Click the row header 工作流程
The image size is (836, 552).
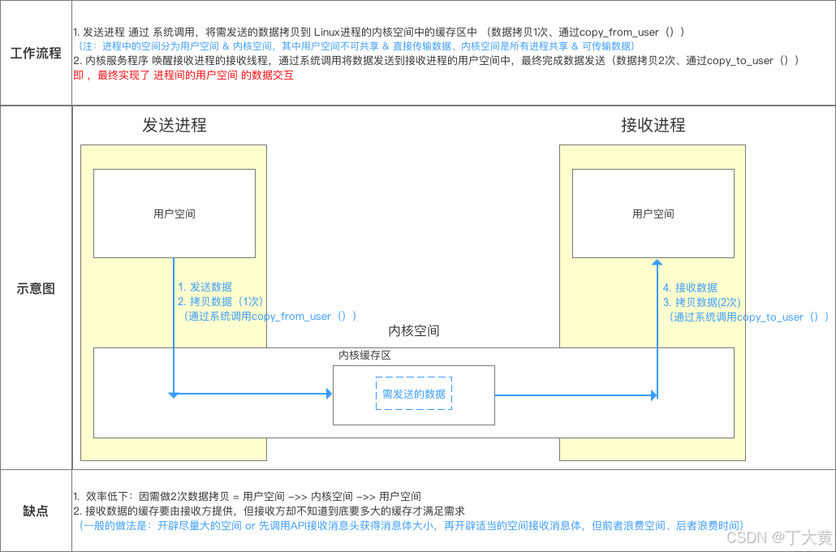pos(36,54)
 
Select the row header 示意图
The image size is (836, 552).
pos(36,288)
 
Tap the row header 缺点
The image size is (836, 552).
pos(36,511)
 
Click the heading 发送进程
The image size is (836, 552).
pos(175,125)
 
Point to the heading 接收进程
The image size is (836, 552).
pos(653,125)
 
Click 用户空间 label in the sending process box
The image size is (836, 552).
pos(175,214)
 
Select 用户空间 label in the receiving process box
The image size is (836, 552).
pos(653,214)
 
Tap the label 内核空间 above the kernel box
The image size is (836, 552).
pos(414,331)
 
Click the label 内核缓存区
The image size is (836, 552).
pos(365,356)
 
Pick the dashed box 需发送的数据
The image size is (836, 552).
pos(414,395)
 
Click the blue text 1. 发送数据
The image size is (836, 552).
pos(205,287)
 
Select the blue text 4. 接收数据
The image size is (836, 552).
pos(690,288)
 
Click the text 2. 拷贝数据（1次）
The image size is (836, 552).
pos(220,301)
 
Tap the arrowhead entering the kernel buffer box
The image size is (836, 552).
pos(329,395)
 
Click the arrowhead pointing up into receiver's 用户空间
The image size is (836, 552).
pos(657,263)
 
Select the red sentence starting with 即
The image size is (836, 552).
pos(183,75)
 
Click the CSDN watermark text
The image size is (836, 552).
pos(778,537)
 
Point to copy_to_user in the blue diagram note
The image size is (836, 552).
pos(770,317)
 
